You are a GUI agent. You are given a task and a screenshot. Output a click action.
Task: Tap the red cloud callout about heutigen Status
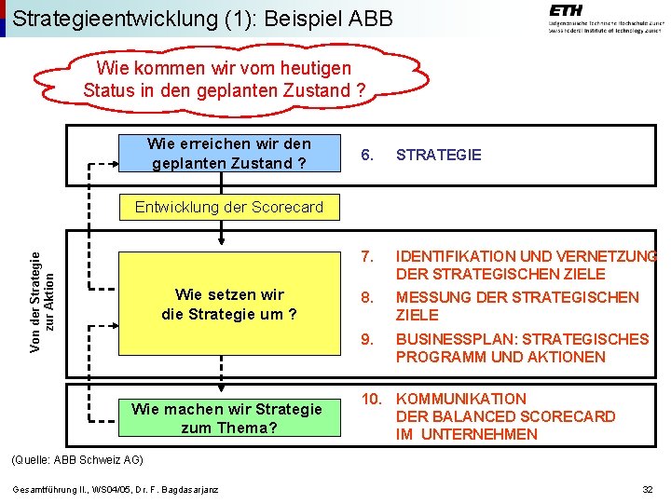(225, 79)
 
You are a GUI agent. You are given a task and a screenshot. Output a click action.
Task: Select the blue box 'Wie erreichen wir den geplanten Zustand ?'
(229, 154)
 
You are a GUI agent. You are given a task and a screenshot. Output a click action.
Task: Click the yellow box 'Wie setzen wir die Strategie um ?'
(229, 305)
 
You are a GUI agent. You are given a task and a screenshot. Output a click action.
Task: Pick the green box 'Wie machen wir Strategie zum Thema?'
(226, 418)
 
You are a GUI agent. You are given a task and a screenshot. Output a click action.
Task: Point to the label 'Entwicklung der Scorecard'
(229, 207)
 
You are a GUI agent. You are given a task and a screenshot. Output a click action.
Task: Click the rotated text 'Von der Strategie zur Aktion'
(43, 283)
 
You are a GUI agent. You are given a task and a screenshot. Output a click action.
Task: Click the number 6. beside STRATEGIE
(367, 155)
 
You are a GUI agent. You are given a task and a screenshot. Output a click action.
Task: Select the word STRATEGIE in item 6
(439, 155)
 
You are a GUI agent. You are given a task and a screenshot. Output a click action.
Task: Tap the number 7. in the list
(367, 256)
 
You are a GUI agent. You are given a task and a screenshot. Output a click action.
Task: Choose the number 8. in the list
(367, 298)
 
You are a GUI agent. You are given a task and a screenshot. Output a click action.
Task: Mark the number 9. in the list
(367, 339)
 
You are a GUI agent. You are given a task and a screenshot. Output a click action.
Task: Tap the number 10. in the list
(372, 399)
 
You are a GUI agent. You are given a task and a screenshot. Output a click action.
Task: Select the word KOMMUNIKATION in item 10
(461, 399)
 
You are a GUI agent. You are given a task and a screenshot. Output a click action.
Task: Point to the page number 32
(647, 490)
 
